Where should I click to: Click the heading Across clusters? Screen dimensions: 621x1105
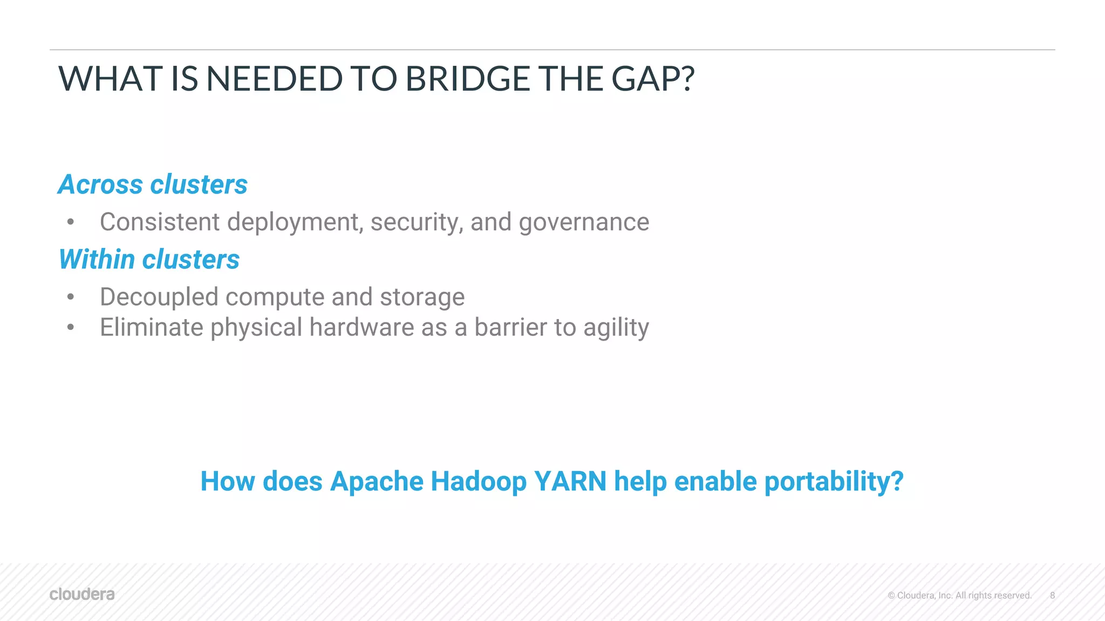pyautogui.click(x=153, y=184)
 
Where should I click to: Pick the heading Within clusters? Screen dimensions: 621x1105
pyautogui.click(x=149, y=259)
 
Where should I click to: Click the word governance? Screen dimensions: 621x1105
pyautogui.click(x=584, y=223)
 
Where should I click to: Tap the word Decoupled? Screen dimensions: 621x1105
pyautogui.click(x=159, y=297)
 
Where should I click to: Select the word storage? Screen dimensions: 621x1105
pyautogui.click(x=422, y=297)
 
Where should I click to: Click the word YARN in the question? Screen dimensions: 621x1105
pyautogui.click(x=570, y=481)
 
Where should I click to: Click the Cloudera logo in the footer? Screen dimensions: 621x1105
pyautogui.click(x=82, y=594)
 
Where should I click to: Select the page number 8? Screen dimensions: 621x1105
pyautogui.click(x=1052, y=596)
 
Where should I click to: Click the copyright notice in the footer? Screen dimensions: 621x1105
pyautogui.click(x=959, y=596)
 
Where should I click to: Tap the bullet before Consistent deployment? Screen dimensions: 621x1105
pyautogui.click(x=70, y=222)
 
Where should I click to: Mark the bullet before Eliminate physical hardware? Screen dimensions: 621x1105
pyautogui.click(x=70, y=327)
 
